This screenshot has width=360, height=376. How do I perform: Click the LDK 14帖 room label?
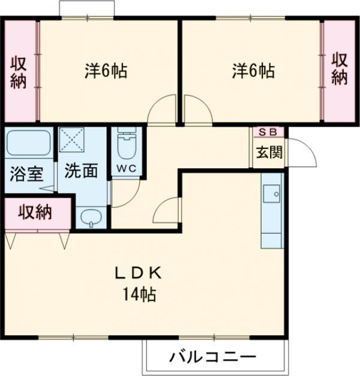(x=138, y=283)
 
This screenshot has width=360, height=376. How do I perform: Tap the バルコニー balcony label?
(x=212, y=357)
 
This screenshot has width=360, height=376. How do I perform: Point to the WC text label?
(x=125, y=168)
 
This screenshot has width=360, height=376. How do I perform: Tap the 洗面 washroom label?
(x=81, y=171)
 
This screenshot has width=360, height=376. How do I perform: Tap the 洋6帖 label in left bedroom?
(x=105, y=71)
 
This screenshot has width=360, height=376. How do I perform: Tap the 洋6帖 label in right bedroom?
(x=254, y=71)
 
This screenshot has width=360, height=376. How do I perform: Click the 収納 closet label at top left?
(x=18, y=72)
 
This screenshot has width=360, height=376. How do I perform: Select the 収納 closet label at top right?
(x=340, y=69)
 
